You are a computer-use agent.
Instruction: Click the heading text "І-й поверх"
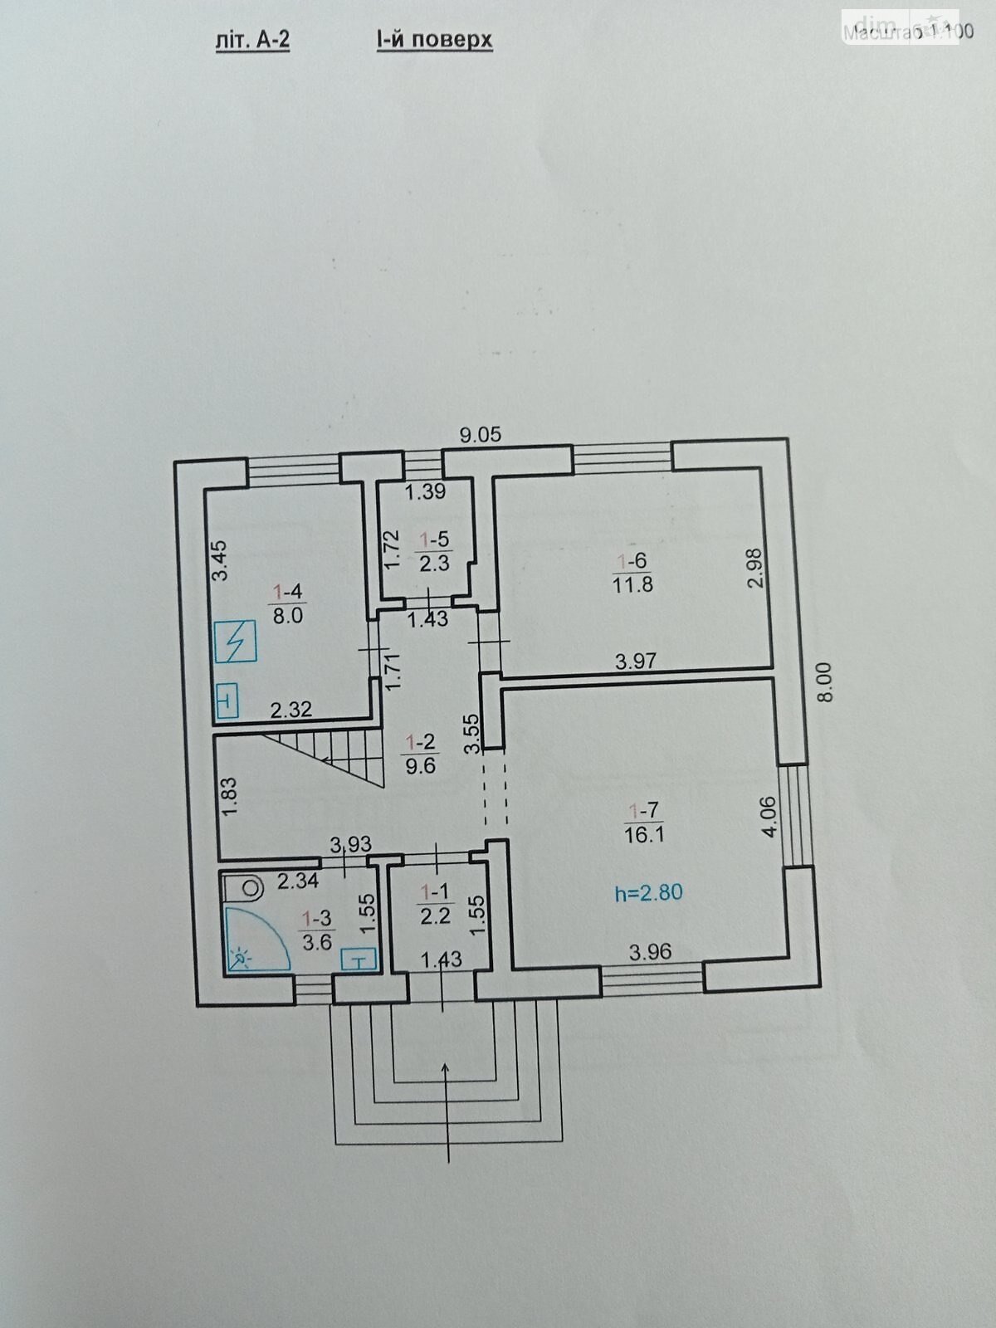434,39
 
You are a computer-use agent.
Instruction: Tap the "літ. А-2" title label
252,40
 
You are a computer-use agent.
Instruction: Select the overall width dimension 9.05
482,433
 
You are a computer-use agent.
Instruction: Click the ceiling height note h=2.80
648,893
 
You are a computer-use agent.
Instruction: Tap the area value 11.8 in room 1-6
632,583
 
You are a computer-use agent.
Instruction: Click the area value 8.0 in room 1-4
288,615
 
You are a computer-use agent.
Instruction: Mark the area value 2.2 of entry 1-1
436,915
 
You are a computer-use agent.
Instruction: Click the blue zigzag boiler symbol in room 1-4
236,642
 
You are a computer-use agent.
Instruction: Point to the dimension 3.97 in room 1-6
636,662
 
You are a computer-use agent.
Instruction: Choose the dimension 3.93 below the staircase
349,845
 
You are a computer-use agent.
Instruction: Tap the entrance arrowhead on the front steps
448,1068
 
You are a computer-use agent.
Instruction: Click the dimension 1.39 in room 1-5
425,491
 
